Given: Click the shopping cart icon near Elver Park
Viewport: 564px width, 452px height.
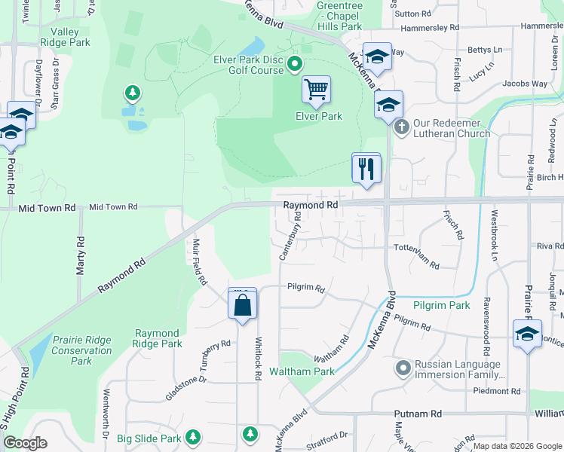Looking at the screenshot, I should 317,90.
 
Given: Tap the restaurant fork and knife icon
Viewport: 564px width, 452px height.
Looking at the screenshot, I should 366,167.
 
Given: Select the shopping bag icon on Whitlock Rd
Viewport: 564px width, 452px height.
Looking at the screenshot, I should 243,305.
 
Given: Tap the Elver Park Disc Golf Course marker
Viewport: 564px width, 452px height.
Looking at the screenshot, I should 295,65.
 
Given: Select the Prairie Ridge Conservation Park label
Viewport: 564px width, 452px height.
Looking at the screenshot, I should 82,350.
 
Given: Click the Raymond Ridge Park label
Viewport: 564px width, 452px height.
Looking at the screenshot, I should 157,338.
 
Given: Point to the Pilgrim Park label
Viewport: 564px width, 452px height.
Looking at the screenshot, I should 442,305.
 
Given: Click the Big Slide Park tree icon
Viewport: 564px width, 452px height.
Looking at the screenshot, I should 194,436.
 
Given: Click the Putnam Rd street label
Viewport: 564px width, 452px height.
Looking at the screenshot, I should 418,414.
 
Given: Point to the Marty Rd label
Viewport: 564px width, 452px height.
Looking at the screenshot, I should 80,256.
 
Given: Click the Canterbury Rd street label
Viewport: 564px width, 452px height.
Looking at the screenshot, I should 290,236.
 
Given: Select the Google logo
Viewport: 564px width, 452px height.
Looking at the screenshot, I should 25,444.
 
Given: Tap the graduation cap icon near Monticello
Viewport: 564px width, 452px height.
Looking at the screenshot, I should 527,334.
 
